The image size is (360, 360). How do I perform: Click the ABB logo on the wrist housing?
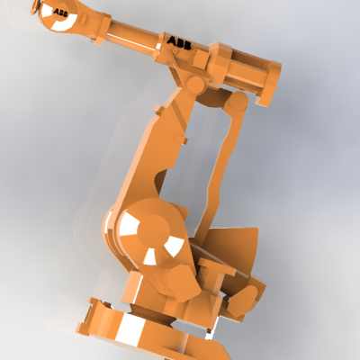60,13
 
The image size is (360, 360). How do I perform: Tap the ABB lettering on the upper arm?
179,43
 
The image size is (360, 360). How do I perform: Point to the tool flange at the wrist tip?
35,7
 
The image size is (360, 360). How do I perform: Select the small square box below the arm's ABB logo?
201,59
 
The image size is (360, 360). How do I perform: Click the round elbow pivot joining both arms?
195,84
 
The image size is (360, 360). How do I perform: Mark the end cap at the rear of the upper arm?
268,83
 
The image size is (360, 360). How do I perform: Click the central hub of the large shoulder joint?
154,230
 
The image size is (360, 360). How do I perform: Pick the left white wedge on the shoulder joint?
129,225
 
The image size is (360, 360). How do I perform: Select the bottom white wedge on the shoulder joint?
150,257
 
